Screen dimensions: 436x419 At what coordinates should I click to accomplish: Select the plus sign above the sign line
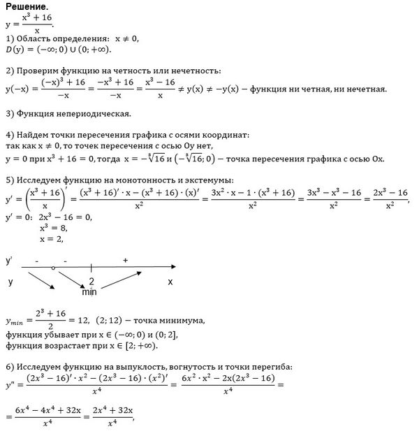click(126, 260)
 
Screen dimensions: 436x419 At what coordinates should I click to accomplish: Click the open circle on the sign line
click(54, 268)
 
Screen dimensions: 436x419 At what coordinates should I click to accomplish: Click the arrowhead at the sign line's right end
click(172, 267)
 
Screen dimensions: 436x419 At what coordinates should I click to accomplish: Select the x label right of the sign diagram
click(170, 282)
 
